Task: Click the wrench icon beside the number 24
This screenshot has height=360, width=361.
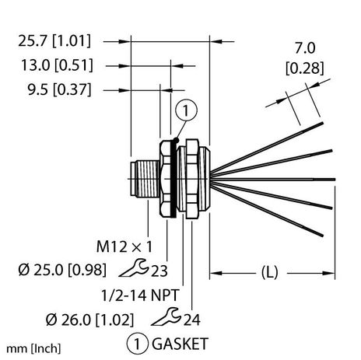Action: coord(155,318)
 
